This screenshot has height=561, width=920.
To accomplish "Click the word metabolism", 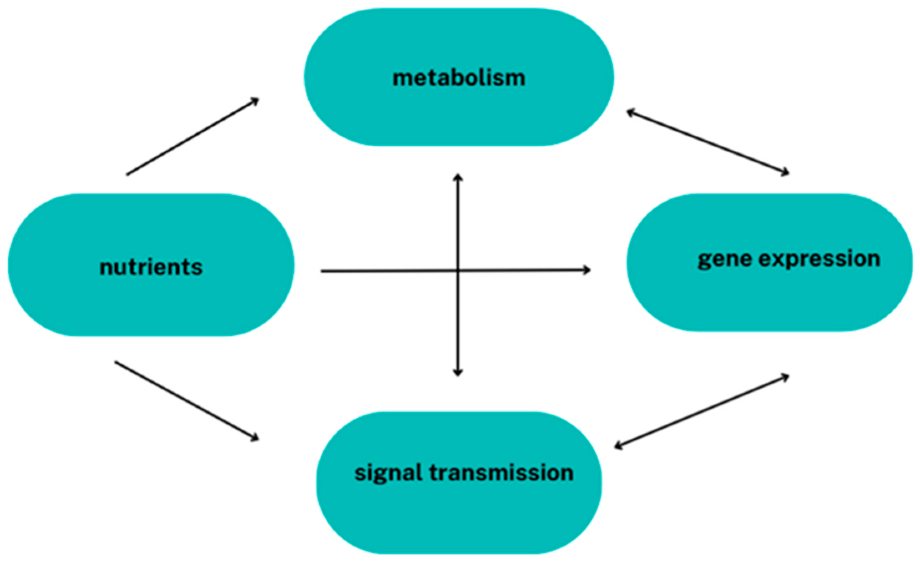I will click(x=459, y=78).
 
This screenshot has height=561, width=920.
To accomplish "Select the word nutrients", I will click(x=151, y=267).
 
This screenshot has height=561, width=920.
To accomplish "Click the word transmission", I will click(x=501, y=473).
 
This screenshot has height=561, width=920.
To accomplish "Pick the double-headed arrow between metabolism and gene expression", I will click(x=707, y=142).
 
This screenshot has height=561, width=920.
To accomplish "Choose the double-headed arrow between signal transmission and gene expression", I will click(x=702, y=412).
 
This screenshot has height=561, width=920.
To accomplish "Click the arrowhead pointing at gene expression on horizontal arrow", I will click(x=587, y=270).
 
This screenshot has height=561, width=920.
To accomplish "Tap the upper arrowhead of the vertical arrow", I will click(x=458, y=177).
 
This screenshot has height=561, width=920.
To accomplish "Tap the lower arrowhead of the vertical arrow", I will click(x=458, y=373).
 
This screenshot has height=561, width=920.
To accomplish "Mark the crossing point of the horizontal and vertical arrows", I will click(x=458, y=270).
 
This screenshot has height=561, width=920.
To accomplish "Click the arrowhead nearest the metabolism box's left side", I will click(x=256, y=100).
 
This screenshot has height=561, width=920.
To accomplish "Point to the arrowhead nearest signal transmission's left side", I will click(x=255, y=438).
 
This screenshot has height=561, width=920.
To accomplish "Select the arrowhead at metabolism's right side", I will click(x=630, y=111).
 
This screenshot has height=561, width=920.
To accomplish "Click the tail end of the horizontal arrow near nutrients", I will click(x=322, y=271).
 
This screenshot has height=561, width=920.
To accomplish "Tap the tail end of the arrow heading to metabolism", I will click(x=127, y=174).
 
